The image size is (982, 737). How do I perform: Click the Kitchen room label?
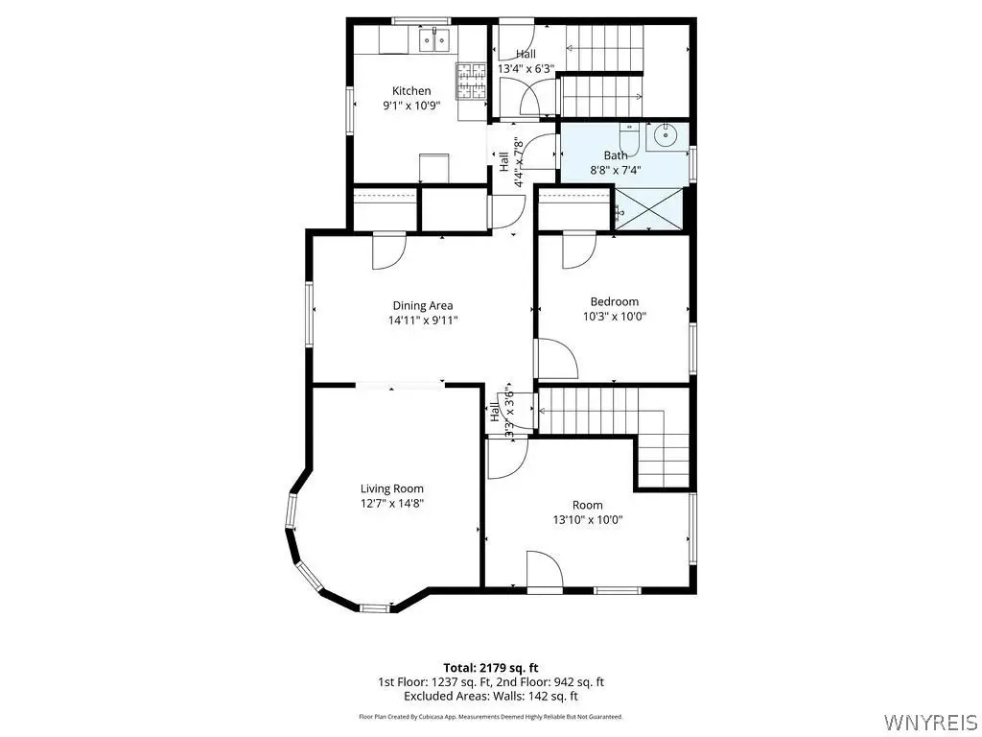[x=411, y=91]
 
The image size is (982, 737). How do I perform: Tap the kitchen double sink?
[x=434, y=39]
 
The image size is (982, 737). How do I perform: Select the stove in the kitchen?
[x=472, y=82]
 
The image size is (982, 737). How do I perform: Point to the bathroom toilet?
[x=628, y=139]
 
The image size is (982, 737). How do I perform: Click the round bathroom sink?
[x=664, y=134]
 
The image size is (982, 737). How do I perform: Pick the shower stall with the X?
[x=648, y=208]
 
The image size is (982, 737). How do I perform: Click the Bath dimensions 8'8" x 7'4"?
[x=616, y=169]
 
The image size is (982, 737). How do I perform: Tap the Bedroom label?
[x=615, y=301]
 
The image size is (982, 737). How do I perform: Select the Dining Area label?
[x=423, y=306]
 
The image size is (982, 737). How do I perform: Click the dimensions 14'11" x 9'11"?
[x=423, y=321]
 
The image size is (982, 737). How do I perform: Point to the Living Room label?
[x=392, y=488]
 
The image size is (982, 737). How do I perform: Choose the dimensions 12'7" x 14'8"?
[x=392, y=503]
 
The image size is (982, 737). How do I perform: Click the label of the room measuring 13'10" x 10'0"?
[x=588, y=505]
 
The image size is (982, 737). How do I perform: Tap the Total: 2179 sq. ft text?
[x=491, y=668]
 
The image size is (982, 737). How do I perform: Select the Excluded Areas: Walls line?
[x=491, y=697]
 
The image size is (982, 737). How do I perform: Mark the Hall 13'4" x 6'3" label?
[x=526, y=61]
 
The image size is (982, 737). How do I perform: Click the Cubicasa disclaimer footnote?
[x=491, y=716]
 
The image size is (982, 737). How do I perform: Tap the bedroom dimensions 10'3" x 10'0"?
[x=615, y=317]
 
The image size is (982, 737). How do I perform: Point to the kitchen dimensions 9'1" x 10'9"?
[x=411, y=106]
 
